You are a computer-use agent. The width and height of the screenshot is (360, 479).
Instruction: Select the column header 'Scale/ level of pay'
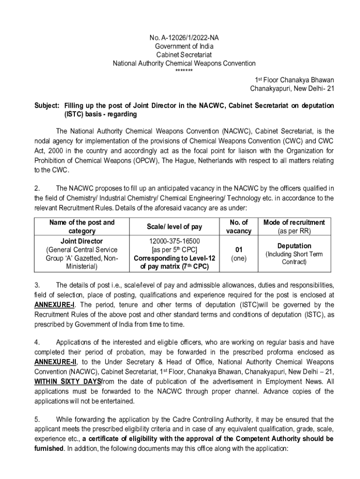coord(174,227)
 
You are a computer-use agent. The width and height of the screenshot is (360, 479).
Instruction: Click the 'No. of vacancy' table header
coord(238,227)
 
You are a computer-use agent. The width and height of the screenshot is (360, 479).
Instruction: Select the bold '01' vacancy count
coord(238,250)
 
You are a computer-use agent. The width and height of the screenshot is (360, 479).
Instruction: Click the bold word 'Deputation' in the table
coord(294,246)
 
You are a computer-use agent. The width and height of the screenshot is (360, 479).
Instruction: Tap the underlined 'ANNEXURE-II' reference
coord(56,362)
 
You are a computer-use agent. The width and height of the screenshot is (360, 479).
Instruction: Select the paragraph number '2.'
coord(37,189)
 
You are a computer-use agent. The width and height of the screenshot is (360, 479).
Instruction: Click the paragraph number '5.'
coord(37,419)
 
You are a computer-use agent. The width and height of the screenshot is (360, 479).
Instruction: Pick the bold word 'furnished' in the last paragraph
coord(49,448)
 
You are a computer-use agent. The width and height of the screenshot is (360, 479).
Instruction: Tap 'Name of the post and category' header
coord(82,227)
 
